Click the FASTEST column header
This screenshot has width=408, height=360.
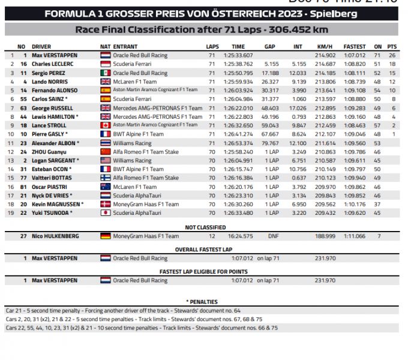(354, 46)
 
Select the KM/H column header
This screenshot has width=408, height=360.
(325, 46)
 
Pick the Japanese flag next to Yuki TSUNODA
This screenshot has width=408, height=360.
(105, 212)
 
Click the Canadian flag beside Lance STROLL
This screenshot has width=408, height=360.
(105, 125)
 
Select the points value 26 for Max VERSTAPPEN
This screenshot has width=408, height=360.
(392, 55)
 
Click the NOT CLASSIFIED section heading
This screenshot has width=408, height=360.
(205, 227)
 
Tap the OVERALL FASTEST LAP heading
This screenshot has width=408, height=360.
(205, 249)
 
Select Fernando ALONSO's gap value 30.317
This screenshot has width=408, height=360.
(271, 90)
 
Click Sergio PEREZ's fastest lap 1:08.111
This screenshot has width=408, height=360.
(354, 73)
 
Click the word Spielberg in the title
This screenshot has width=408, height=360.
(334, 13)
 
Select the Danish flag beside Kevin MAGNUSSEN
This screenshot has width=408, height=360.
(105, 204)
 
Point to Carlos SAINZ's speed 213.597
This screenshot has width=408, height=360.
(325, 98)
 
